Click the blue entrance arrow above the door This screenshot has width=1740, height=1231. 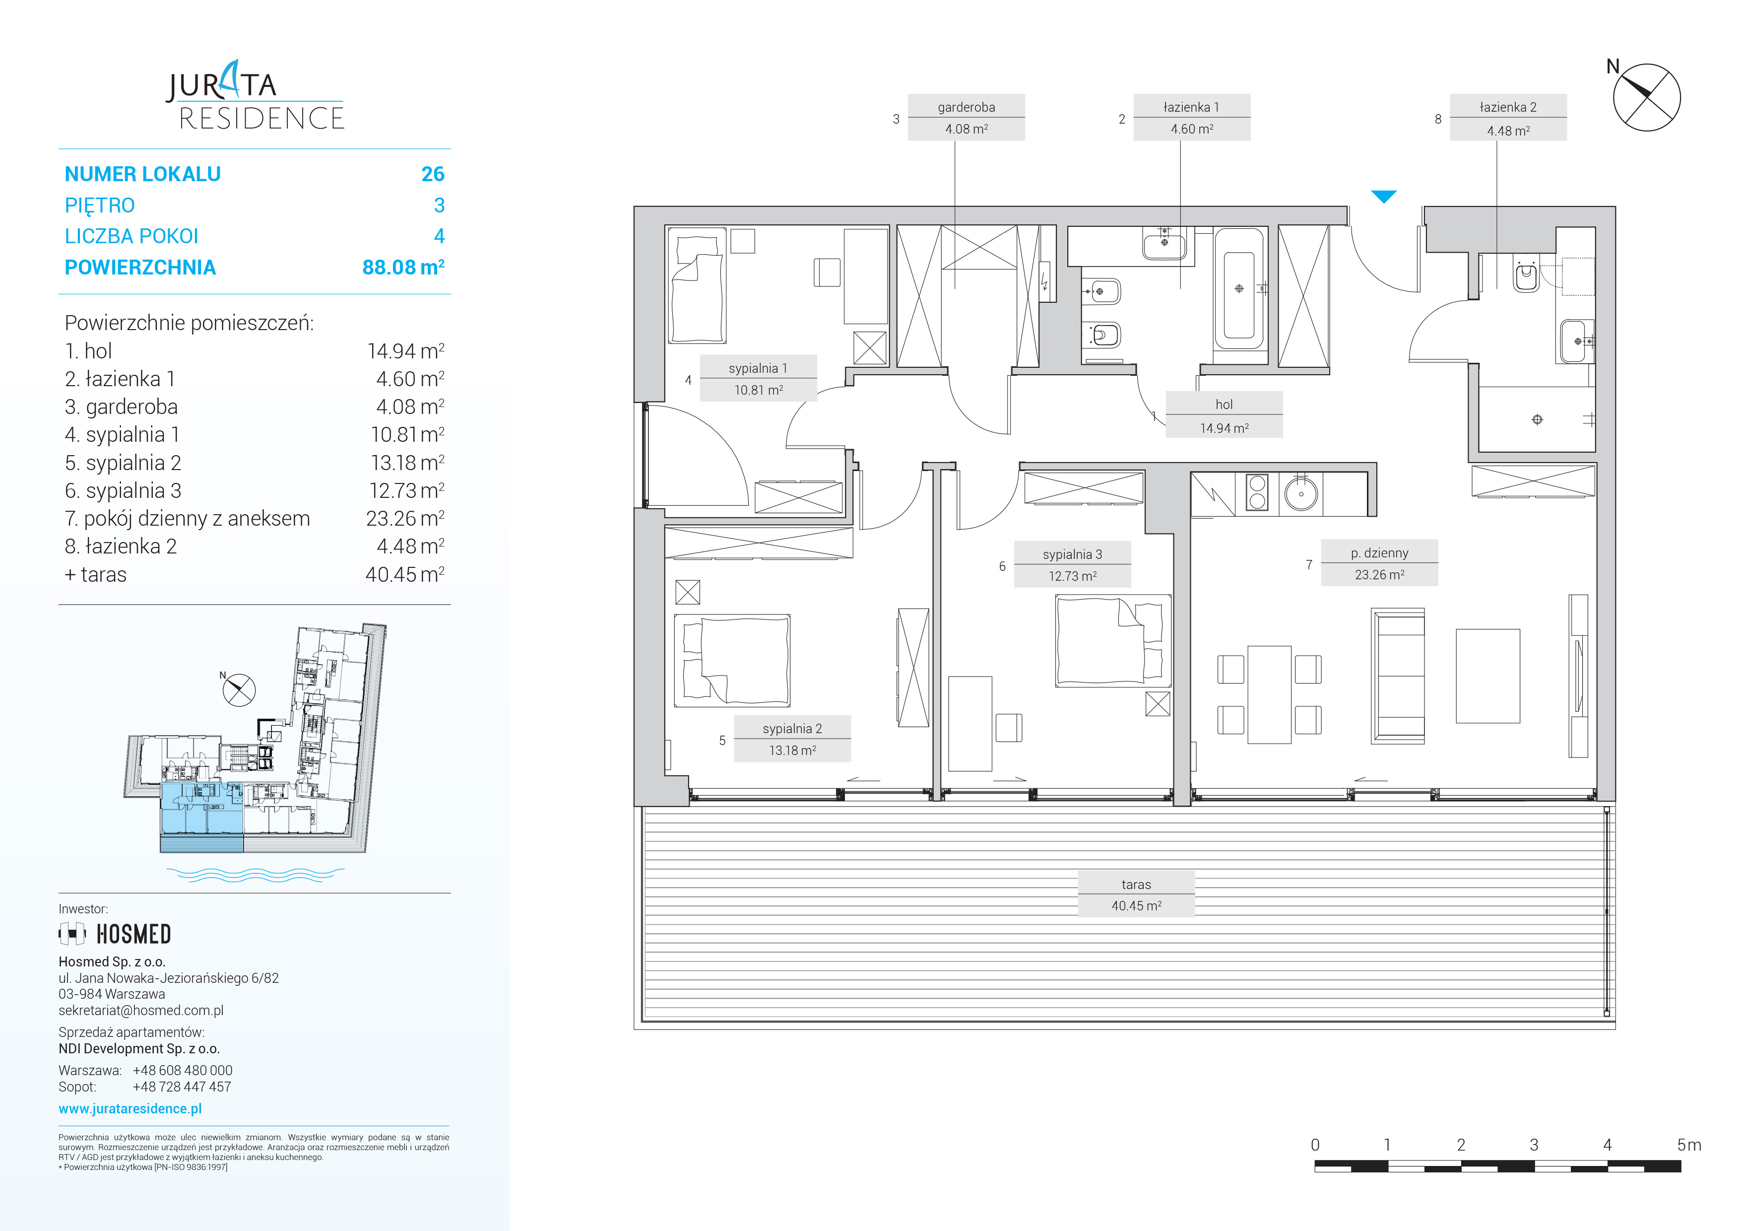[1384, 197]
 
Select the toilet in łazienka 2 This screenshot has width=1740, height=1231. [1526, 276]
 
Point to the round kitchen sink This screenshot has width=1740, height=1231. [1301, 493]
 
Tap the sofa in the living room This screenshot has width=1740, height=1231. [1398, 676]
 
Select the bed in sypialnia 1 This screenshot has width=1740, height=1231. [697, 288]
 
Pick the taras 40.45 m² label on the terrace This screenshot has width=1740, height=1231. [1136, 894]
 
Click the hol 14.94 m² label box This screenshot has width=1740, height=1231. [1224, 415]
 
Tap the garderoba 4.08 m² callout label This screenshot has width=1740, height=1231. [966, 118]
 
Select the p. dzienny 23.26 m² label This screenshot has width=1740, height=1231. [1379, 563]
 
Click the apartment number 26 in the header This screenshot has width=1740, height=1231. [433, 174]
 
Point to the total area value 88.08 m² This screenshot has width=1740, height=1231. [403, 267]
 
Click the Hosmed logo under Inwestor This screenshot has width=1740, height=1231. [115, 934]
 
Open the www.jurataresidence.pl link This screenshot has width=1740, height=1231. [130, 1108]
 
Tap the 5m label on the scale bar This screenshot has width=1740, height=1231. [1689, 1145]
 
